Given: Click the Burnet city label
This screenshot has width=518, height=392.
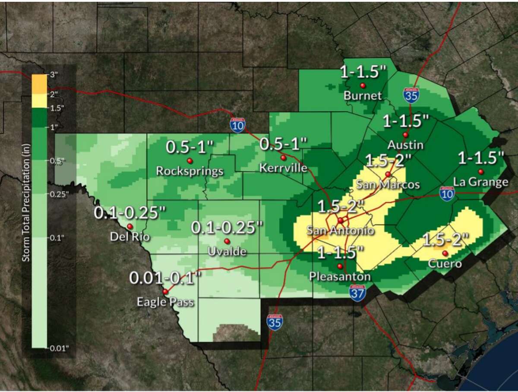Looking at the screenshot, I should tap(363, 96).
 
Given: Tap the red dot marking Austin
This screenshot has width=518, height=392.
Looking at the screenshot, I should tap(405, 134).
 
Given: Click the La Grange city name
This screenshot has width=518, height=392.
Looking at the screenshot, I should tap(480, 183).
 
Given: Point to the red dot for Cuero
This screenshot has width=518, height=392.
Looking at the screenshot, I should tap(445, 253).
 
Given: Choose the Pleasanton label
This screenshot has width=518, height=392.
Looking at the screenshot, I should tap(340, 276).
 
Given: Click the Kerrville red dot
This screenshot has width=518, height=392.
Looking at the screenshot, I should tap(283, 157).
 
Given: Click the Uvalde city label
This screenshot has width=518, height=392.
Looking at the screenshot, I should tap(227, 252).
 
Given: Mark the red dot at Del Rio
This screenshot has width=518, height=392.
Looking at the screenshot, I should tap(129, 226).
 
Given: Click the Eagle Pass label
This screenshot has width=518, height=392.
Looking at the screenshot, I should tap(165, 302).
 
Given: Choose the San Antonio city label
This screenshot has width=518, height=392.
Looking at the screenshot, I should tap(340, 231).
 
